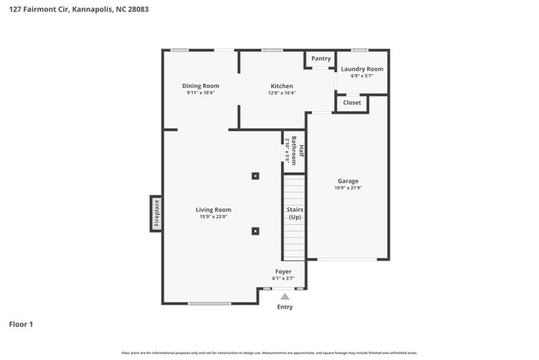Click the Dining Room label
coord(201,85)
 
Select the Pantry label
coord(320,59)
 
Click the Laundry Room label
coord(362,69)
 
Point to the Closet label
coord(352,103)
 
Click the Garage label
coord(347,181)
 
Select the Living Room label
coord(213,210)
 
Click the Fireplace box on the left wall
coord(155,213)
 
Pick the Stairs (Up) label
coord(294,213)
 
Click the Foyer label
coord(284,271)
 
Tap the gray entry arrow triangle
coord(284,295)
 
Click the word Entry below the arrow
coord(284,307)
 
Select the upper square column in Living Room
coord(255,176)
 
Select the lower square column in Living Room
coord(255,231)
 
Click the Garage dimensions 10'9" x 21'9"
coord(347,188)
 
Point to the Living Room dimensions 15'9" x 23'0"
coord(213,217)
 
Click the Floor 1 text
coord(21,324)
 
